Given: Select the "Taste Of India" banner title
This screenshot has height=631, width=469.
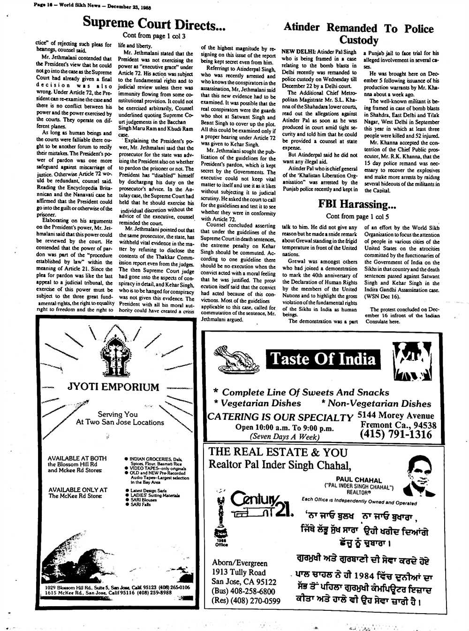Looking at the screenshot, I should [323, 359].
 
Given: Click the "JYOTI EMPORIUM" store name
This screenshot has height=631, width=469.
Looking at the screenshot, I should [113, 387].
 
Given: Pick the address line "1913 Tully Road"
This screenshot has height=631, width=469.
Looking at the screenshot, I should [239, 572].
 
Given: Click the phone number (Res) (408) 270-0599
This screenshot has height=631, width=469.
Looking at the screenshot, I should [246, 601].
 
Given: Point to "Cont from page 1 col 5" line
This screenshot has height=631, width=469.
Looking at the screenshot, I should [357, 216].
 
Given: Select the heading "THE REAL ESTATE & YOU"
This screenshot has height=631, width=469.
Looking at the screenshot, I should [278, 452].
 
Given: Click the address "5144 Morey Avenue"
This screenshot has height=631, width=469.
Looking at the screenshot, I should [395, 415].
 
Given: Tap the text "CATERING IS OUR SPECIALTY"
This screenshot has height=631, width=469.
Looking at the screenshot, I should [280, 417].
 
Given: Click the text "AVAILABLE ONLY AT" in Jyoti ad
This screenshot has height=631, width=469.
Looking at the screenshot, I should [77, 490].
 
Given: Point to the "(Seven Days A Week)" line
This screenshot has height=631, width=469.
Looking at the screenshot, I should [284, 436].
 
